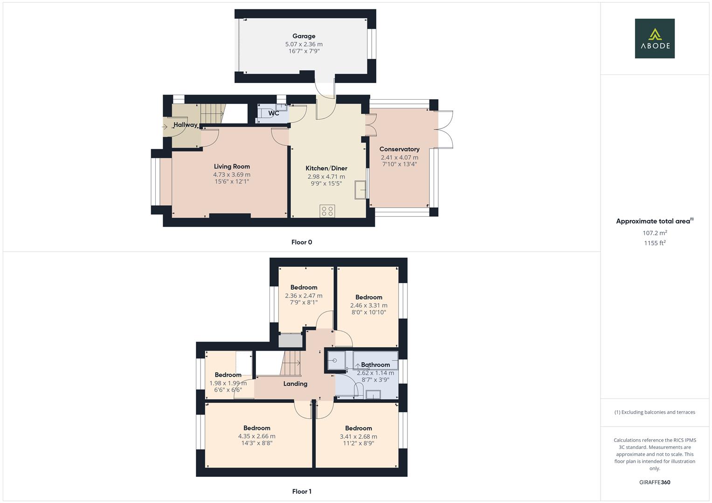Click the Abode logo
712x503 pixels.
point(655,38)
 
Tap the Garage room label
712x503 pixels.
point(304,36)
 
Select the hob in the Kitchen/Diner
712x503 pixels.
point(327,211)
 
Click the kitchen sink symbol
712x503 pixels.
point(360,190)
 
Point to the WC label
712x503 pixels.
point(274,113)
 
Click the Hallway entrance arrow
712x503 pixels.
point(165,126)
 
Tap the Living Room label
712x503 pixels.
point(232,166)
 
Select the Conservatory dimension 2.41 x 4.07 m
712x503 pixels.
point(399,157)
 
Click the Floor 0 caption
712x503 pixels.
point(302,242)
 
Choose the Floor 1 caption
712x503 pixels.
point(302,491)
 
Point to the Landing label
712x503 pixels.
point(295,384)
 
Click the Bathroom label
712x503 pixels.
point(375,365)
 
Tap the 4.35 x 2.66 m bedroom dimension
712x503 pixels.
point(256,436)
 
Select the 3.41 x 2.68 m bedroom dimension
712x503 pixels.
point(358,436)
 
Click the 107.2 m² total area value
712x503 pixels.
point(655,233)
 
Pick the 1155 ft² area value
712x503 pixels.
point(655,243)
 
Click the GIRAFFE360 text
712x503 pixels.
point(655,483)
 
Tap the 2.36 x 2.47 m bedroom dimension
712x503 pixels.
point(304,296)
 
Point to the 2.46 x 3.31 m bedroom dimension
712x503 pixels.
point(368,306)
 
